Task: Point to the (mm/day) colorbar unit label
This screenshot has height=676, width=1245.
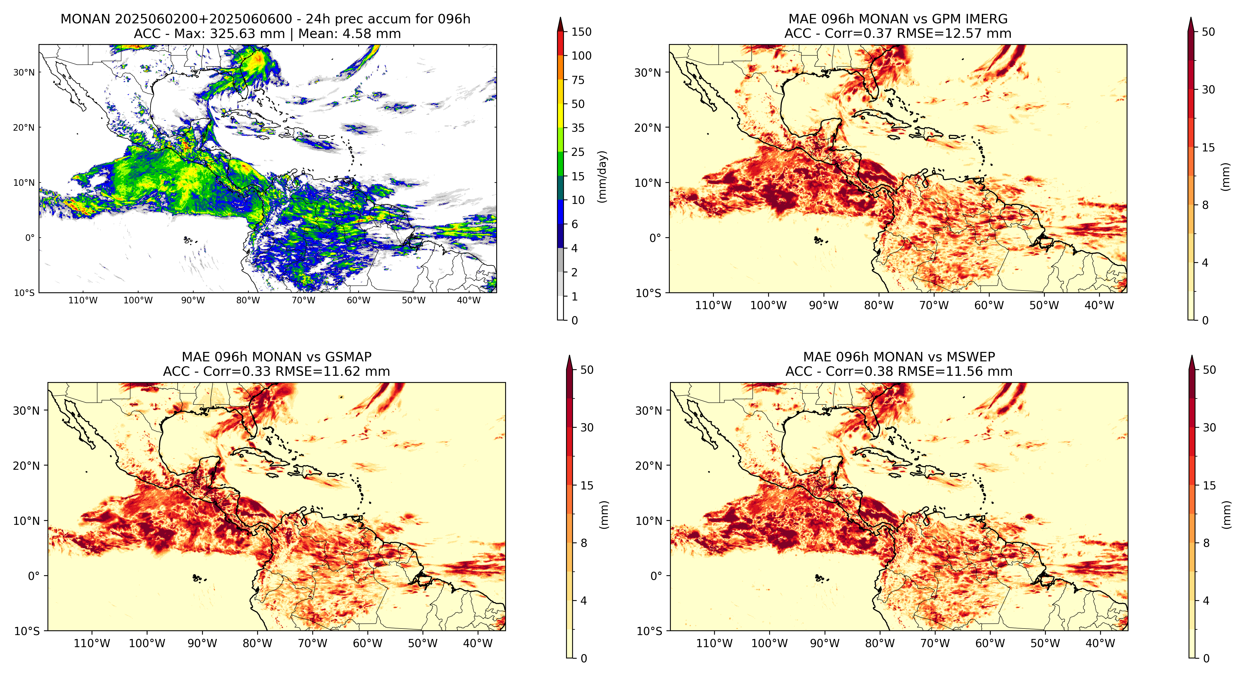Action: (x=602, y=176)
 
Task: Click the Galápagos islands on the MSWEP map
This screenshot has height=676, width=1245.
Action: (x=819, y=578)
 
